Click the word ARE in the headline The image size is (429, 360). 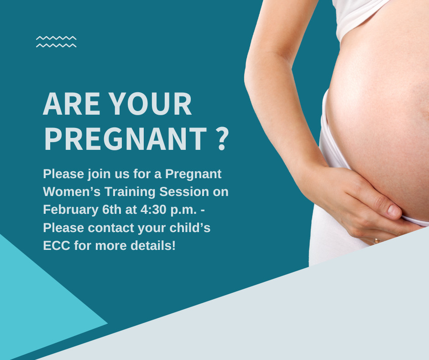coord(71,104)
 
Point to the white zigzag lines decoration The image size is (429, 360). coord(56,42)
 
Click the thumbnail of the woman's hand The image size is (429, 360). coord(393,211)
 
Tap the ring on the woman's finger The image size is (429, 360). coord(377,240)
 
